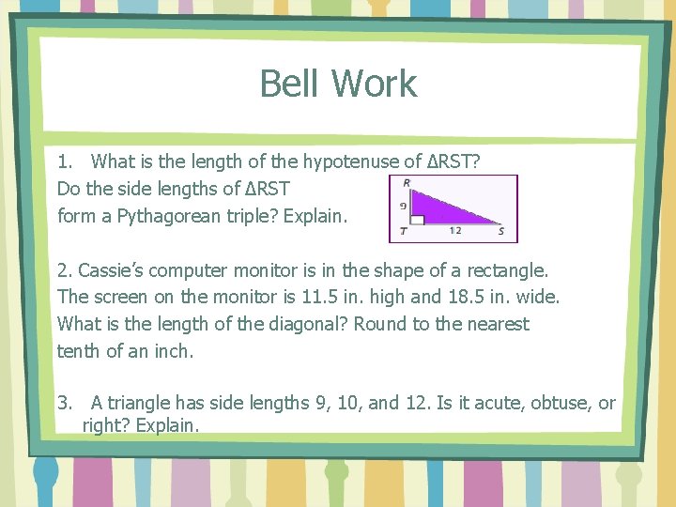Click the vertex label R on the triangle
[x=406, y=182]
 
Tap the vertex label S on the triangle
[x=500, y=230]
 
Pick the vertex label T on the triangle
[x=403, y=230]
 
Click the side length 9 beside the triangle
[x=403, y=205]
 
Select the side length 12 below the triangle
[x=455, y=230]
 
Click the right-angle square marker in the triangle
[x=419, y=220]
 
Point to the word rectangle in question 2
[x=509, y=270]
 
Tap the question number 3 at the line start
[x=63, y=404]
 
